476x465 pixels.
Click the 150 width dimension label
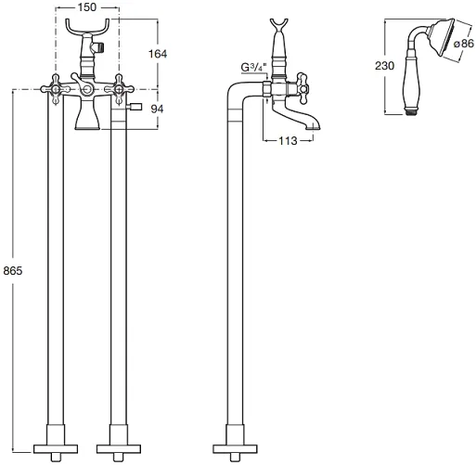(87, 7)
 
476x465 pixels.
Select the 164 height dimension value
(158, 54)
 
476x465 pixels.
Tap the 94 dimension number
(157, 109)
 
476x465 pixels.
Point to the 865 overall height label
(13, 271)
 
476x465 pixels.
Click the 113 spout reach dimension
(288, 141)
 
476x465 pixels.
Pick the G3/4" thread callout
(253, 67)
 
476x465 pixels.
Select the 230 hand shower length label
(384, 66)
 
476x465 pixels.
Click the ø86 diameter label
(464, 44)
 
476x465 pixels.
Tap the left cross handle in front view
(56, 89)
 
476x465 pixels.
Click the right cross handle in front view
(119, 89)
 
